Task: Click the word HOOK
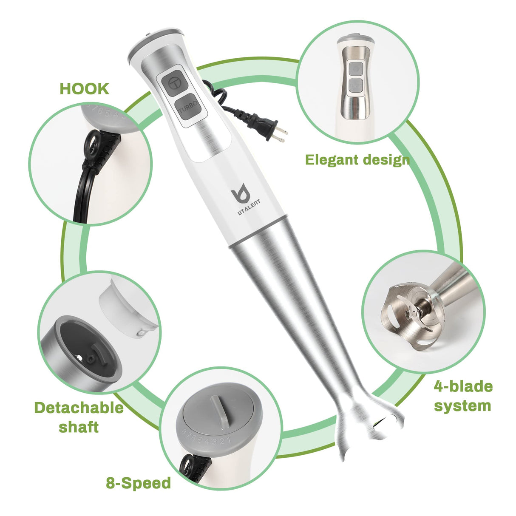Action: click(x=84, y=89)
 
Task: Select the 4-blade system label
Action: click(x=462, y=396)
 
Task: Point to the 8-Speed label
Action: click(x=138, y=483)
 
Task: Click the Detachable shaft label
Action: click(x=79, y=417)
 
